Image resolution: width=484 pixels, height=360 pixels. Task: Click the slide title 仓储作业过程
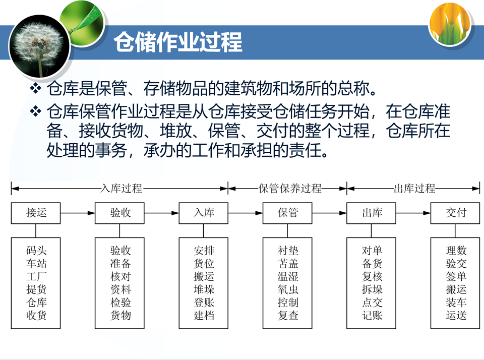tap(178, 42)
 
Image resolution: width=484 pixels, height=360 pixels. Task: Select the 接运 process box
tap(36, 213)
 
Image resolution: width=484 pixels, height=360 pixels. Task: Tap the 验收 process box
tap(120, 213)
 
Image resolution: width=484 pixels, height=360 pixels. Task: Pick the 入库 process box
tap(204, 213)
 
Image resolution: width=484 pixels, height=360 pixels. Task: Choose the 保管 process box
tap(288, 213)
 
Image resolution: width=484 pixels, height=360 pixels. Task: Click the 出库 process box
tap(372, 213)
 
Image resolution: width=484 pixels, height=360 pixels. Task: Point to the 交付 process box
tap(456, 213)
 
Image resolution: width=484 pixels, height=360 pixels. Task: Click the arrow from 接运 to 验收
tap(78, 213)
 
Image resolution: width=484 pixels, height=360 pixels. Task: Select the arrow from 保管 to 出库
tap(330, 213)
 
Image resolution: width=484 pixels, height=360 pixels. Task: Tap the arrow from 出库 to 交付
tap(413, 213)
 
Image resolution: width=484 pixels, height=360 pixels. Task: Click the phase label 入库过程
tap(121, 189)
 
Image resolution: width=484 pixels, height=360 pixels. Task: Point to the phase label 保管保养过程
tap(290, 189)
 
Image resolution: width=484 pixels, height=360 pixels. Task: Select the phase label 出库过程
tap(414, 189)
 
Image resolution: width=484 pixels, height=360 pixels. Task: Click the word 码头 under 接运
tap(36, 250)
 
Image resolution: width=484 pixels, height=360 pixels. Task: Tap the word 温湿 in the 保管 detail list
tap(288, 276)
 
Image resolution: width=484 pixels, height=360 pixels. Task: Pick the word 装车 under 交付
tap(456, 303)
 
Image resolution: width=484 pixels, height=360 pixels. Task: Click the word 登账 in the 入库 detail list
tap(204, 303)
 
